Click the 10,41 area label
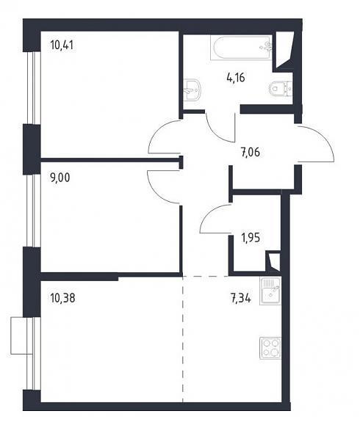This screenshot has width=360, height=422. tap(62, 45)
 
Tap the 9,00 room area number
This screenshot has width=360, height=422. tap(60, 178)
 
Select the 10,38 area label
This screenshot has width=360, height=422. tap(62, 298)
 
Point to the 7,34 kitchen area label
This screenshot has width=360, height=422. tap(241, 298)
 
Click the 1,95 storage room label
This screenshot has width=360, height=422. tap(251, 238)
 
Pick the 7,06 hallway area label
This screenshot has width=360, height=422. tap(251, 153)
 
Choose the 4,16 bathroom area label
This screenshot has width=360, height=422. tap(236, 78)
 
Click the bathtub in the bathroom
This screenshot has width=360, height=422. tap(241, 48)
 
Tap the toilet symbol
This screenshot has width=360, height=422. tap(280, 89)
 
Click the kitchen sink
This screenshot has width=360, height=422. tap(270, 291)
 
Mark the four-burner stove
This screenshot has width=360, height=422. tap(270, 348)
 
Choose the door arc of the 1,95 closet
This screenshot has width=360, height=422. tap(208, 214)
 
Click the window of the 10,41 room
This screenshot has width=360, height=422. tap(35, 88)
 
